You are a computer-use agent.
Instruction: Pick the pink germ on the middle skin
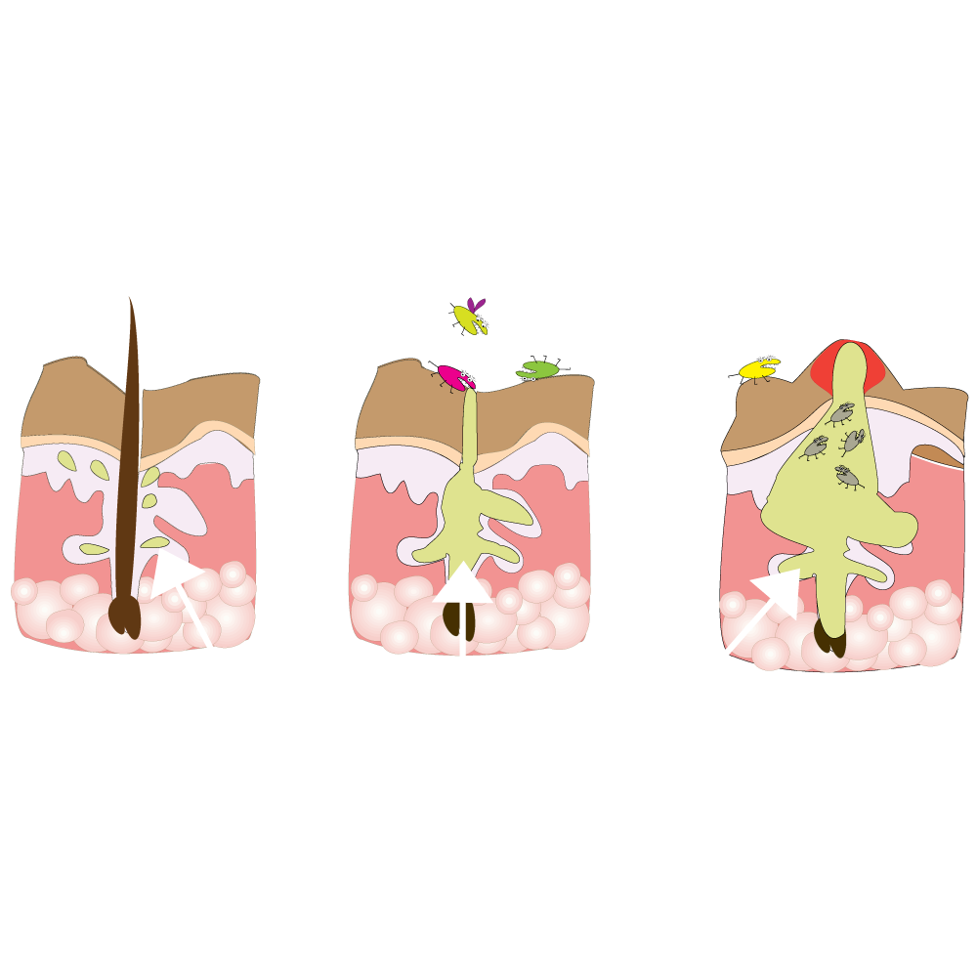click(x=454, y=376)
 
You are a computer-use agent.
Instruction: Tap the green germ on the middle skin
click(x=537, y=369)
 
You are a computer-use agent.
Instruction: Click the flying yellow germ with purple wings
click(x=471, y=318)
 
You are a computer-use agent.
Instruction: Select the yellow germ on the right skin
click(x=758, y=368)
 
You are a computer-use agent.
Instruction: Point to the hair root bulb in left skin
click(x=123, y=618)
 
